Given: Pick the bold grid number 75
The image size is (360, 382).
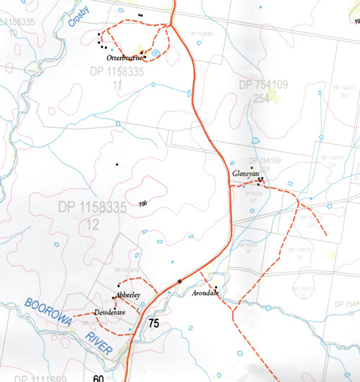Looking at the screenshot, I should pyautogui.click(x=153, y=324).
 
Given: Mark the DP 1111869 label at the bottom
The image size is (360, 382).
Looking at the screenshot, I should pyautogui.click(x=42, y=378).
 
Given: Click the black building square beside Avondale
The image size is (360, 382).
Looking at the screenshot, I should pyautogui.click(x=215, y=288).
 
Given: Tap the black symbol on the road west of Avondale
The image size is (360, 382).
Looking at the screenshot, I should pyautogui.click(x=179, y=280).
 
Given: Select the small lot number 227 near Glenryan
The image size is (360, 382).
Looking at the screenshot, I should pyautogui.click(x=264, y=169).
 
